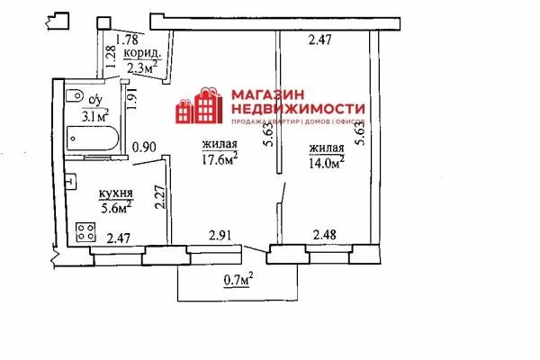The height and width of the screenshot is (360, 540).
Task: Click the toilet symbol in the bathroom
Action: (75, 95)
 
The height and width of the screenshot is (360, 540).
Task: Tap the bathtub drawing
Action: (93, 138)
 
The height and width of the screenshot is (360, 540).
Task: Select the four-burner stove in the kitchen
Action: (85, 232)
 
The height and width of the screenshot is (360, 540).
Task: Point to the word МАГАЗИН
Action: (268, 94)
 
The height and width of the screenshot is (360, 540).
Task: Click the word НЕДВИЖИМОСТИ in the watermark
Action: (298, 109)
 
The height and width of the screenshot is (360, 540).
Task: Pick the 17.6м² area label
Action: (220, 158)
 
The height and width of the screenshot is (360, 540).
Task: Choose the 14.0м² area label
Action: (327, 162)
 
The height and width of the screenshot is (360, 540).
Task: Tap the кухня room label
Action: (116, 194)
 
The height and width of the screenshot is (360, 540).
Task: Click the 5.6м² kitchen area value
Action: (116, 207)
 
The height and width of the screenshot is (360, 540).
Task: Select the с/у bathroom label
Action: (95, 100)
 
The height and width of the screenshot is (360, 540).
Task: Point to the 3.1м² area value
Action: (95, 115)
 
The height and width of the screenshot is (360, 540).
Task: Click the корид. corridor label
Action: (142, 53)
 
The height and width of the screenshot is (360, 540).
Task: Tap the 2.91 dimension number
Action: (220, 236)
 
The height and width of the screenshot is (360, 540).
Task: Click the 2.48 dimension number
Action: (324, 235)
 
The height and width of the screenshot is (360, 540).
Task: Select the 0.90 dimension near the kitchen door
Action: (144, 147)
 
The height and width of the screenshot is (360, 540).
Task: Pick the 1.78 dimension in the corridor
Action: (127, 40)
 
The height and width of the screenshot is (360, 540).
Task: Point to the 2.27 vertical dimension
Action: (160, 197)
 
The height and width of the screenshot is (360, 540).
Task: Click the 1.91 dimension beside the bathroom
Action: (132, 99)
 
